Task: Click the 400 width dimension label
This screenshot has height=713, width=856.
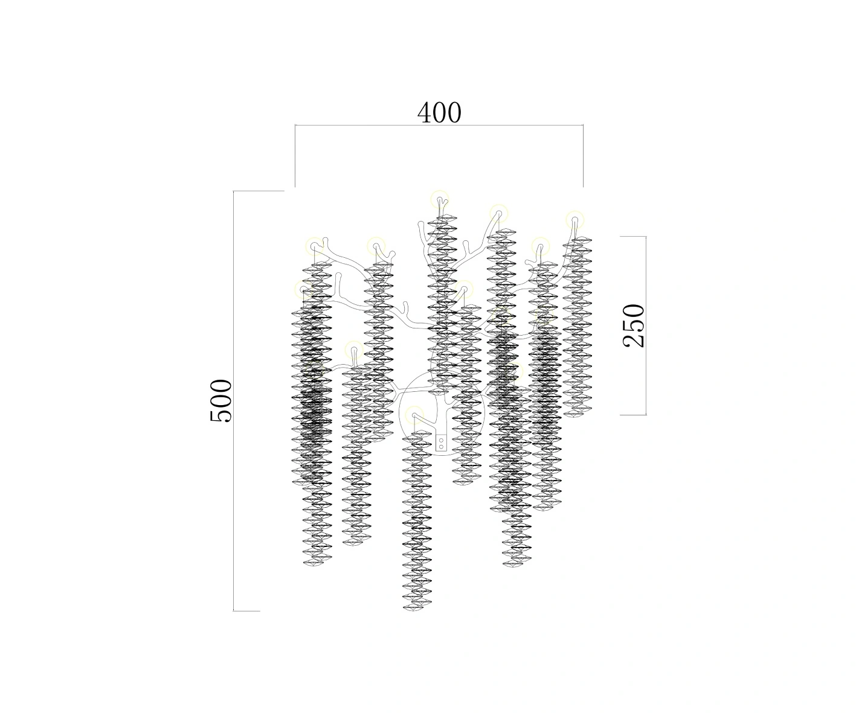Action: (439, 113)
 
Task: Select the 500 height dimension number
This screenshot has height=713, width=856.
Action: (221, 400)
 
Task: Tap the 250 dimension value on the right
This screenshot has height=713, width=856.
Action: (634, 325)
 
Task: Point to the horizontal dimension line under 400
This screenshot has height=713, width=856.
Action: (439, 126)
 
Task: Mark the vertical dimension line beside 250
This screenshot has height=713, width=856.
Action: (646, 325)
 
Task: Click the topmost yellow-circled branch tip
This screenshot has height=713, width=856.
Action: (440, 200)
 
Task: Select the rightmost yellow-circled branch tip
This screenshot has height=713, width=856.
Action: (574, 219)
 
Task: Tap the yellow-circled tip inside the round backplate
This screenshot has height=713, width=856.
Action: (414, 415)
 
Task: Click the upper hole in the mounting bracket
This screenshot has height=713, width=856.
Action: (441, 440)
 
